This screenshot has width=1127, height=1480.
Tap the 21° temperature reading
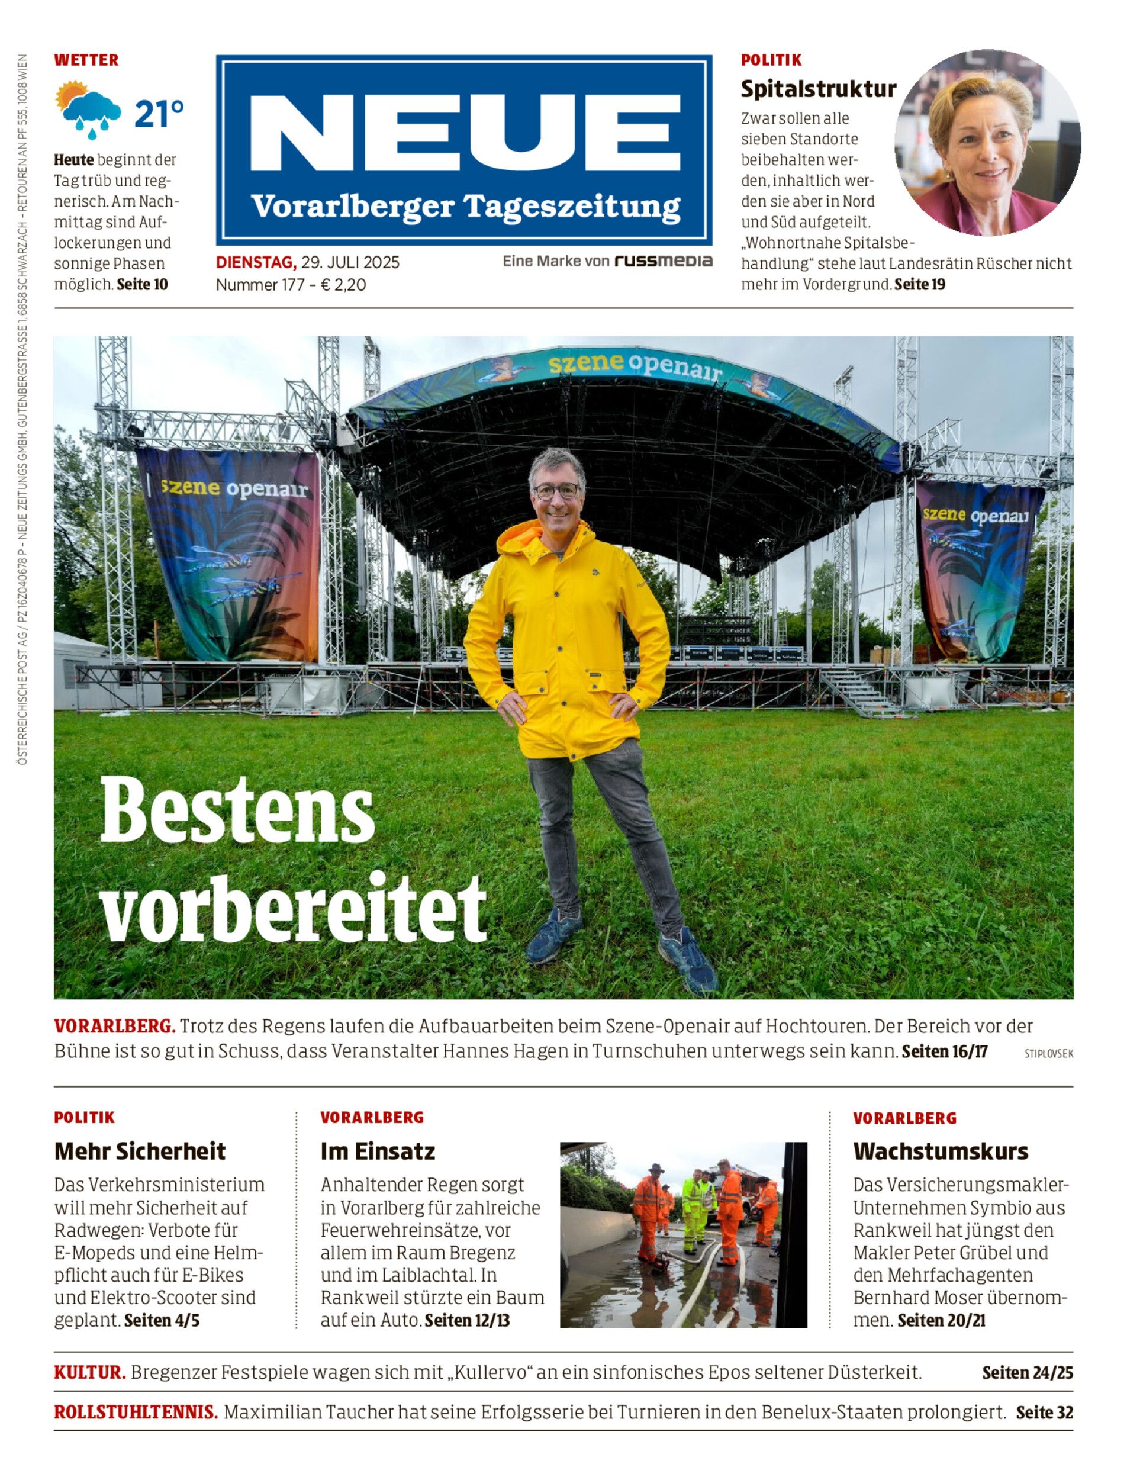158,114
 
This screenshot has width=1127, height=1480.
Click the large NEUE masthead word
465,133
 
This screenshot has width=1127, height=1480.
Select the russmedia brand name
663,261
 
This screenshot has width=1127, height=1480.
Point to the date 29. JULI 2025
350,262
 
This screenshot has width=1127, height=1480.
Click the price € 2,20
344,285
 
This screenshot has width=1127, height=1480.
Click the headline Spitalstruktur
818,89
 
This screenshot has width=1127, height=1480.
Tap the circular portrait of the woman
987,141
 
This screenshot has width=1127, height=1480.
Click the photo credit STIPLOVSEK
1048,1054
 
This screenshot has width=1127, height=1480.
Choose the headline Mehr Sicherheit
140,1151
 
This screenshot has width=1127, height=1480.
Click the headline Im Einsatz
378,1151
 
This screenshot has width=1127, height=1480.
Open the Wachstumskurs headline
941,1151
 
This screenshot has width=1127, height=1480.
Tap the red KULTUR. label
90,1373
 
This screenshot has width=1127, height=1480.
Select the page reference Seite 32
1044,1413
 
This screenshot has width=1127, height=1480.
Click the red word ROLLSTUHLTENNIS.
136,1413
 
